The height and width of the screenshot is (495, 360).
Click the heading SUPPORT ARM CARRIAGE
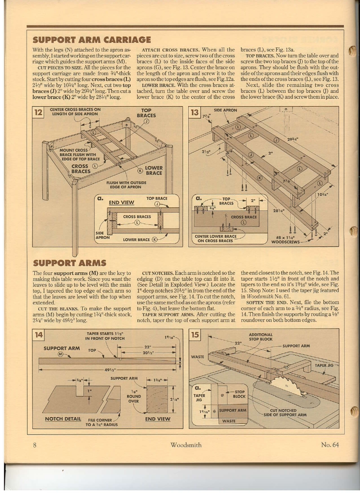click(92, 40)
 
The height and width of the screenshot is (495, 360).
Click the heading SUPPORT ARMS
click(69, 263)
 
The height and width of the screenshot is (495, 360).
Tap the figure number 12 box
click(39, 113)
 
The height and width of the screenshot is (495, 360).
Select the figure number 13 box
click(195, 113)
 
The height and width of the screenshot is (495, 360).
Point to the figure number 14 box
click(39, 335)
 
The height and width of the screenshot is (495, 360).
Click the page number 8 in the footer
click(36, 445)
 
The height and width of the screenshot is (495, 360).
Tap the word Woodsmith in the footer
click(186, 445)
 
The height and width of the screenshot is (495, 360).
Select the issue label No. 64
click(330, 445)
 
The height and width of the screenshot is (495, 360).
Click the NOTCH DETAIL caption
click(63, 419)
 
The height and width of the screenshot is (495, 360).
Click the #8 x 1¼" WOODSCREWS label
click(286, 240)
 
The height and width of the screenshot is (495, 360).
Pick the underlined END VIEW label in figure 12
click(121, 202)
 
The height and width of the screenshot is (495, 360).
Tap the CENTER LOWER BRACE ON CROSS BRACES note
click(215, 238)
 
